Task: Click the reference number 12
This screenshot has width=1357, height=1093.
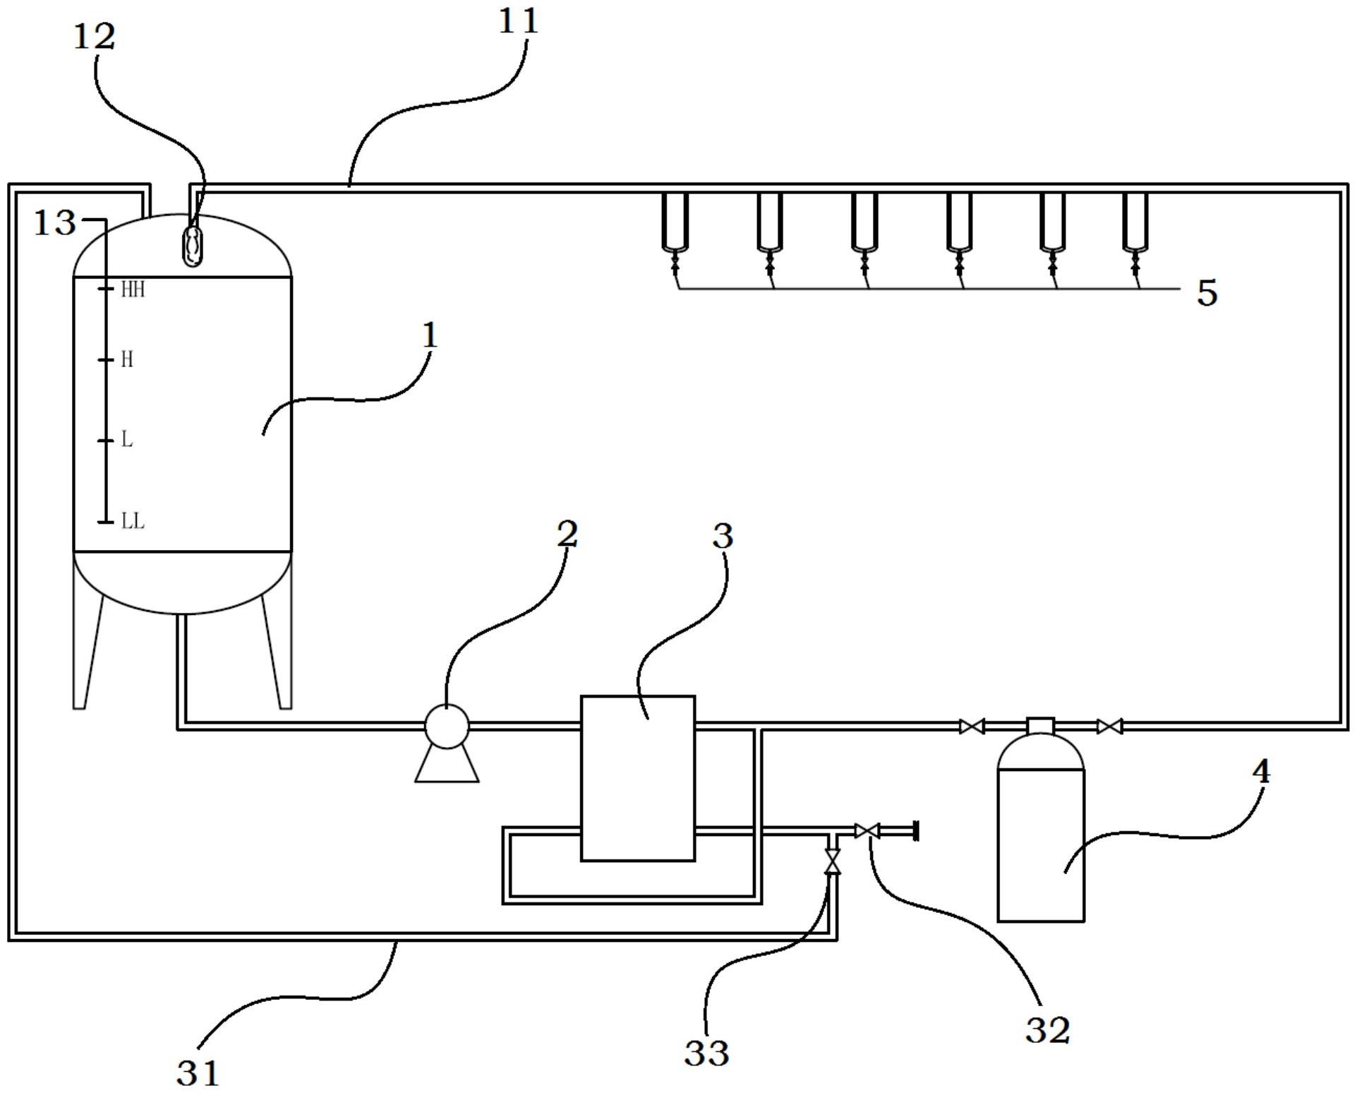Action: click(x=94, y=37)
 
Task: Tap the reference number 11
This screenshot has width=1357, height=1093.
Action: click(x=518, y=21)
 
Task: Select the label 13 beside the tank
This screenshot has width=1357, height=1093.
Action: click(x=55, y=223)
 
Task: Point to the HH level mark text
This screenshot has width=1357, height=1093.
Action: click(x=133, y=289)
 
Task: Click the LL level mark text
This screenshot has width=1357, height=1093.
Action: click(x=133, y=522)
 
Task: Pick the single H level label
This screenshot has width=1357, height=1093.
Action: click(x=127, y=360)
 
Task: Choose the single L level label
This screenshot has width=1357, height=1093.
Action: click(x=127, y=440)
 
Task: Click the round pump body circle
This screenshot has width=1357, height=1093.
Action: click(x=447, y=726)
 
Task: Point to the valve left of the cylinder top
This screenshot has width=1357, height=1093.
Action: click(x=972, y=727)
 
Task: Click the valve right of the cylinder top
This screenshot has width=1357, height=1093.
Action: click(x=1109, y=727)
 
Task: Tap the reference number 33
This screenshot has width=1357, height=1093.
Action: click(x=706, y=1053)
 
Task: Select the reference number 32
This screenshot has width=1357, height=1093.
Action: click(x=1047, y=1030)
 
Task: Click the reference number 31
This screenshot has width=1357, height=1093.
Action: click(x=198, y=1073)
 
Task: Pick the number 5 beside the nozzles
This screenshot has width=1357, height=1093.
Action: click(x=1207, y=292)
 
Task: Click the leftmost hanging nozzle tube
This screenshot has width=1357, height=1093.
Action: click(x=675, y=222)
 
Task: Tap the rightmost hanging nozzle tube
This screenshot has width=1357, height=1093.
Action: click(x=1135, y=222)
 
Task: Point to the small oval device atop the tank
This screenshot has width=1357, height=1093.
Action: click(x=193, y=246)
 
